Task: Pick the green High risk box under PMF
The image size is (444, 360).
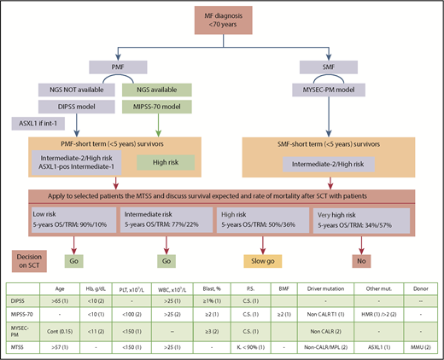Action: click(172, 161)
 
